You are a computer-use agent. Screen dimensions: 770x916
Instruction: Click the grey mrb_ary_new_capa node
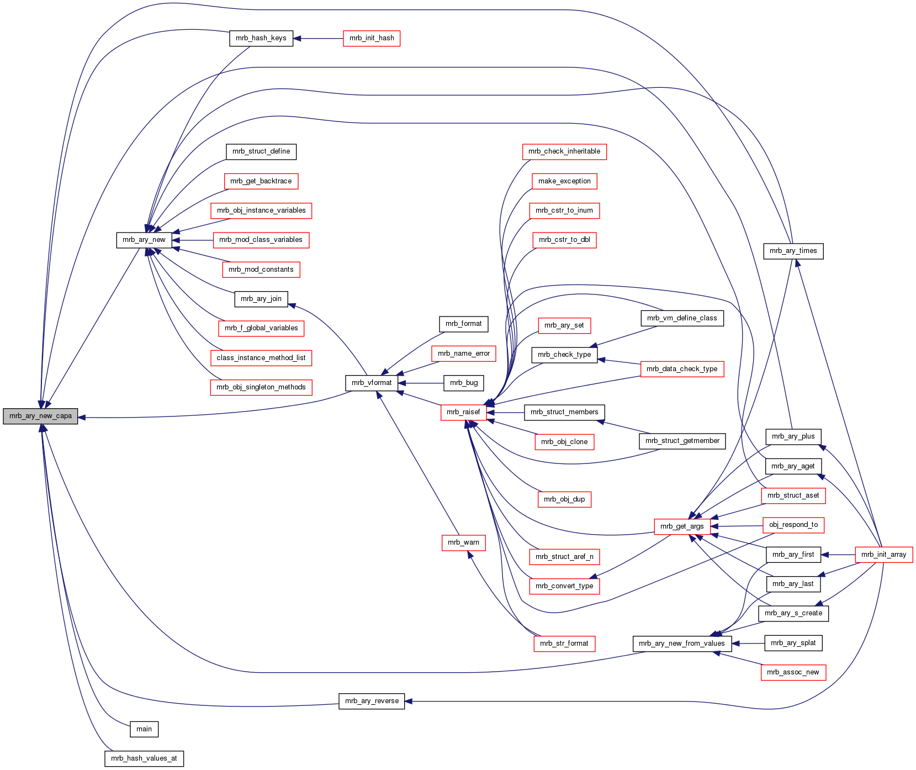[40, 416]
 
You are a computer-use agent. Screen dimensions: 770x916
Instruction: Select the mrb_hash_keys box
[261, 38]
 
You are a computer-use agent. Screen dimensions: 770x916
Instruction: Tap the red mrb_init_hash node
[372, 38]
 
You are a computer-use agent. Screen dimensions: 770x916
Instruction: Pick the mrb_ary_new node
[144, 240]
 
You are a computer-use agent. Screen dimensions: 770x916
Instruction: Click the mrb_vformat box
[372, 383]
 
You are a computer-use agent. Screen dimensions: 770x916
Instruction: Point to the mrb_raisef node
[463, 412]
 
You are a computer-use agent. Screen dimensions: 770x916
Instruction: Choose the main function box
[144, 729]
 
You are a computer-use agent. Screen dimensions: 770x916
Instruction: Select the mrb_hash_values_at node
[144, 758]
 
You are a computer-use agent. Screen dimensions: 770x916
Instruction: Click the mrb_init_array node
[883, 555]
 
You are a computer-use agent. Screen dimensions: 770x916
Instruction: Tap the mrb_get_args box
[682, 526]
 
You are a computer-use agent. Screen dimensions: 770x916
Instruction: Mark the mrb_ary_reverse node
[372, 701]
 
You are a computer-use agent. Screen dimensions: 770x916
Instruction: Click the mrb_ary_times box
[793, 251]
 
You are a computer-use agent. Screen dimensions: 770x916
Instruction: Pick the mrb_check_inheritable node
[564, 151]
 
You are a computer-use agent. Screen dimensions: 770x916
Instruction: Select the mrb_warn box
[463, 542]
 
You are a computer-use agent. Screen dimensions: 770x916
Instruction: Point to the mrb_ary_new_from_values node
[682, 644]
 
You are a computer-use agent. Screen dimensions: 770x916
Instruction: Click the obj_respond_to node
[793, 525]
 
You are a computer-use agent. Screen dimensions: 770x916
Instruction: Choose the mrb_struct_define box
[261, 151]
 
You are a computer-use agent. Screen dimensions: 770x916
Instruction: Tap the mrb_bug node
[464, 383]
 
